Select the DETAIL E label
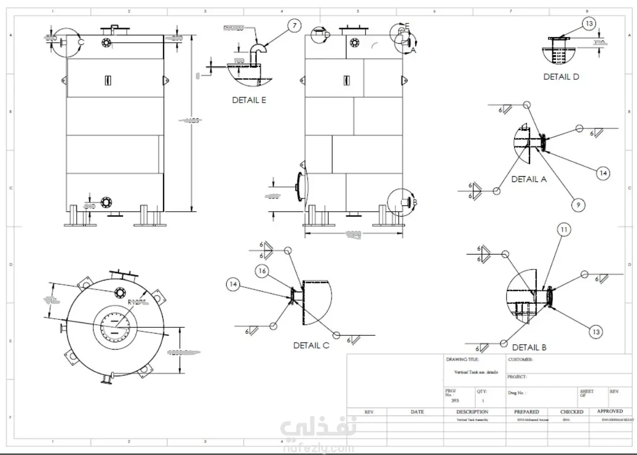click(249, 100)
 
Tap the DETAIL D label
click(561, 77)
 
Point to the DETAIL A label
click(529, 179)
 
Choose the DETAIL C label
click(311, 345)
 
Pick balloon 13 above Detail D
click(589, 23)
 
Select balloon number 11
click(564, 230)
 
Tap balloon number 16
click(261, 271)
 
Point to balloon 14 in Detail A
click(602, 173)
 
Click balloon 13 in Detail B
click(597, 332)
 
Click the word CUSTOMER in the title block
click(520, 359)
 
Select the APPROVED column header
click(609, 411)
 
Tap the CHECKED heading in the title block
click(572, 412)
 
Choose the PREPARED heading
click(526, 412)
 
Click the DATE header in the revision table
click(417, 412)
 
